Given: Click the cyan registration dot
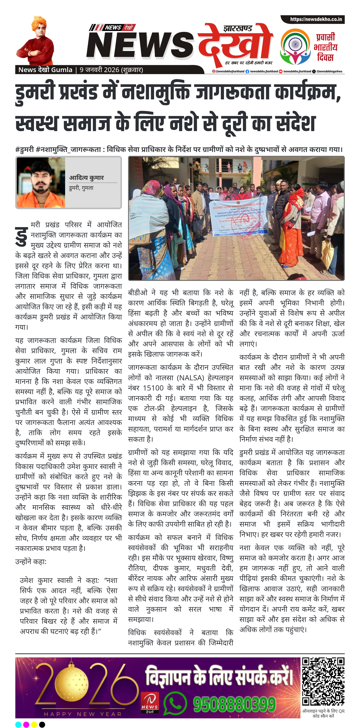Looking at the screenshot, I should [x=18, y=724].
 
